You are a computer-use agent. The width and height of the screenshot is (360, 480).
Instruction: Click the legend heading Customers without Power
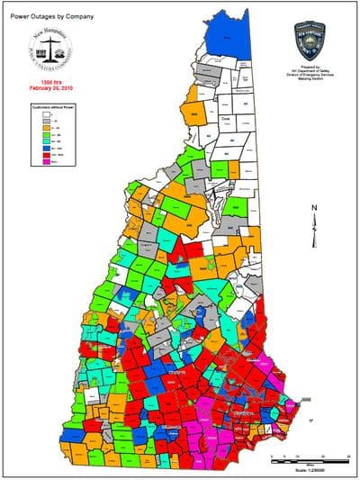coord(46,107)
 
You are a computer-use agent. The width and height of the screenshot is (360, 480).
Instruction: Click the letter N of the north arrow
coord(312,209)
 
